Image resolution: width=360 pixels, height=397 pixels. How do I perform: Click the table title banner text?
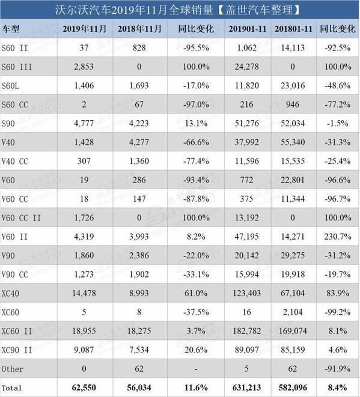point(177,10)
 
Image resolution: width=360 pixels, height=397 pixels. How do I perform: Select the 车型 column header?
point(10,29)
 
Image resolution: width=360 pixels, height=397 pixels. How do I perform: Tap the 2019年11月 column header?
point(84,29)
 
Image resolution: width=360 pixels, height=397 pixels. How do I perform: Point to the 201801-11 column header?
point(293,29)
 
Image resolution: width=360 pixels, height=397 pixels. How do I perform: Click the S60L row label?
point(10,86)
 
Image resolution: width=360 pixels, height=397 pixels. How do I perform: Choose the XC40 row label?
point(10,294)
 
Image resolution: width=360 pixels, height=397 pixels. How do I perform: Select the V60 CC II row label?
point(21,218)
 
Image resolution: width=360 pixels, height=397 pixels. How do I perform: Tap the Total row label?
point(11,388)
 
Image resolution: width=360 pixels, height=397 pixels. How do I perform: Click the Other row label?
point(13,369)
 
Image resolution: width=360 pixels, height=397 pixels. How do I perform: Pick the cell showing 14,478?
point(84,293)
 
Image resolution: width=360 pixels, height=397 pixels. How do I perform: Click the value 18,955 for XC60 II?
point(84,331)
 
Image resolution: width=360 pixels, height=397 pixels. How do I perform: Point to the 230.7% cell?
point(338,237)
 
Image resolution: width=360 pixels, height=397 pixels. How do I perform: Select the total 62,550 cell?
point(84,387)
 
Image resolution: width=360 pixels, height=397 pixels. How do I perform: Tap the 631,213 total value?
point(246,387)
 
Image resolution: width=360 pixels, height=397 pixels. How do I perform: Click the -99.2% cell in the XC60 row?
point(338,312)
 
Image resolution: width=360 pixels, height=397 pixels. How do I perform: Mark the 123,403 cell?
point(247,293)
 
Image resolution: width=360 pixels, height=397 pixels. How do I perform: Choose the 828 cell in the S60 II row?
point(139,47)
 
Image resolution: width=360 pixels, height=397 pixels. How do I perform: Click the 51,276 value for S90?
point(247,123)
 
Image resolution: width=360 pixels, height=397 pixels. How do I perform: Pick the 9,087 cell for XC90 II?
point(84,350)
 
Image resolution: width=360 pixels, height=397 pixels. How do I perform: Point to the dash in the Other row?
point(196,369)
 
